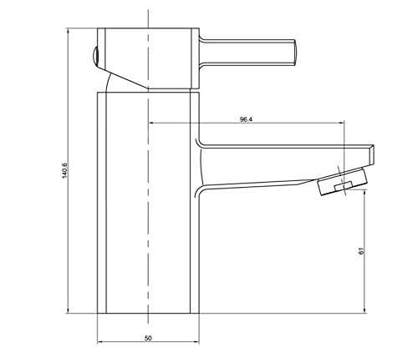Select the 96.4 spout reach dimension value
click(246, 119)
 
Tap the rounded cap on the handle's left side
click(94, 58)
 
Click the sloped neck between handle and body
click(125, 81)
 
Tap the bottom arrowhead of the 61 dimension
click(366, 311)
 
